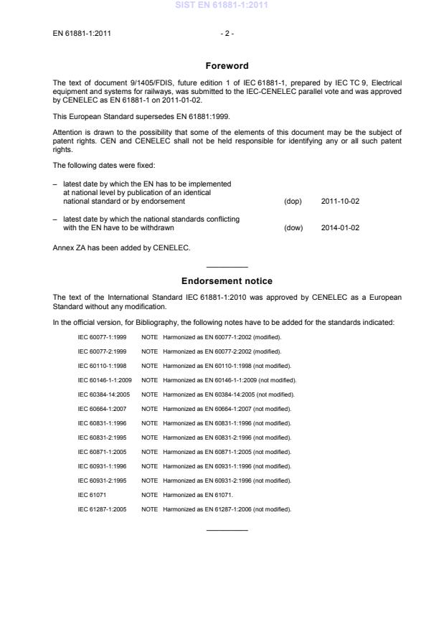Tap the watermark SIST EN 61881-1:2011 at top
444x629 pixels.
(222, 6)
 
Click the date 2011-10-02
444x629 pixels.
(340, 202)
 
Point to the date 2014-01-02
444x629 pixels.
(340, 228)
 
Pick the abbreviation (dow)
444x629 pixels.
(293, 228)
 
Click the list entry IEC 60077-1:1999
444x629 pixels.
(102, 336)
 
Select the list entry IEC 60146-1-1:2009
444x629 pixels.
(105, 379)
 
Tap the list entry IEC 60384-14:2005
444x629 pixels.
(104, 394)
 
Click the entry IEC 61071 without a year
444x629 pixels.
(91, 494)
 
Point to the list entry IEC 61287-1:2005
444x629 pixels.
(102, 509)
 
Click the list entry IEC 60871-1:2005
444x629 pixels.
(102, 451)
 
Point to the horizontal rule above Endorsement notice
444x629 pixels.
(227, 268)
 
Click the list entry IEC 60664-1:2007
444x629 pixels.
(102, 408)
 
